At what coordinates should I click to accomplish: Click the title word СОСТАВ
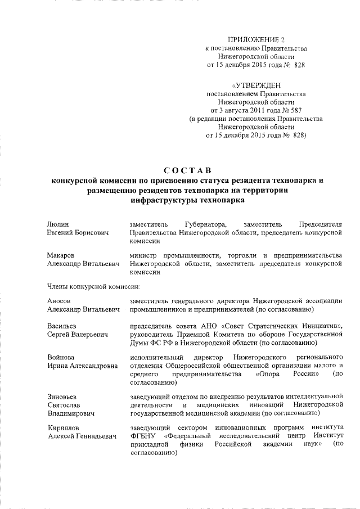[186, 169]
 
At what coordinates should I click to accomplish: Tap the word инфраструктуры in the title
[159, 200]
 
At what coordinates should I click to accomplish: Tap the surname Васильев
[62, 326]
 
